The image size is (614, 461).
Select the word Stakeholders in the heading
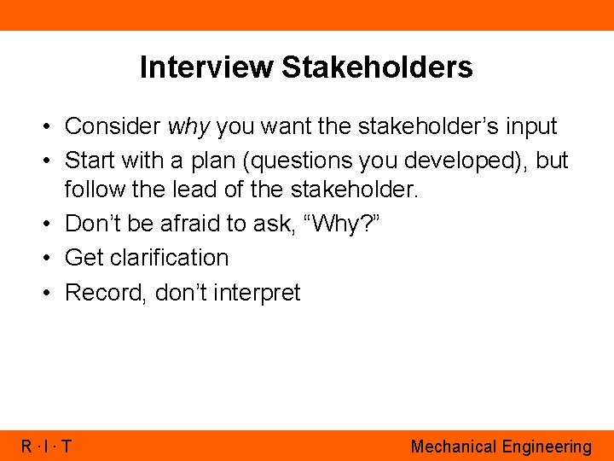point(378,67)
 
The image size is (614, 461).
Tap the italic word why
point(188,127)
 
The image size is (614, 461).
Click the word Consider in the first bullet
point(113,127)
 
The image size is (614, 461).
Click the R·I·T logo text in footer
point(46,446)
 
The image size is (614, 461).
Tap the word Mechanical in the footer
point(454,446)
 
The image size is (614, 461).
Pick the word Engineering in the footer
point(547,446)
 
